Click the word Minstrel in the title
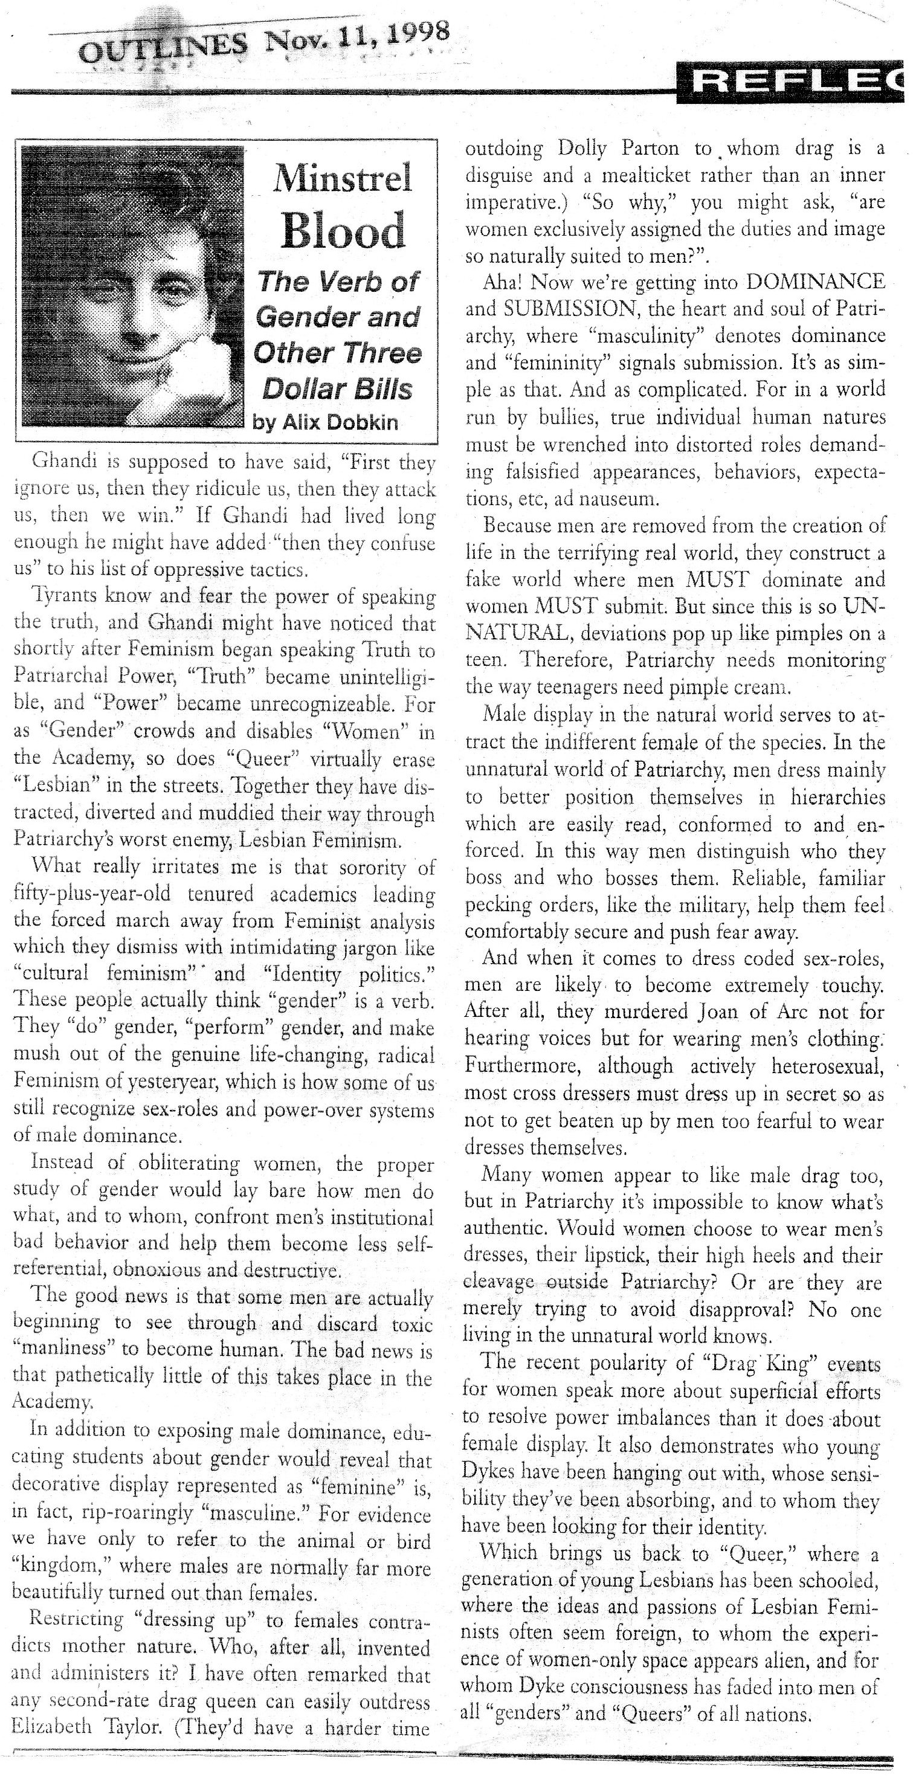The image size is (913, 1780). [x=343, y=178]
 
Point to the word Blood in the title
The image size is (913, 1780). [x=343, y=231]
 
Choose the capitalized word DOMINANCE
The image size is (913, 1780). [x=816, y=282]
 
